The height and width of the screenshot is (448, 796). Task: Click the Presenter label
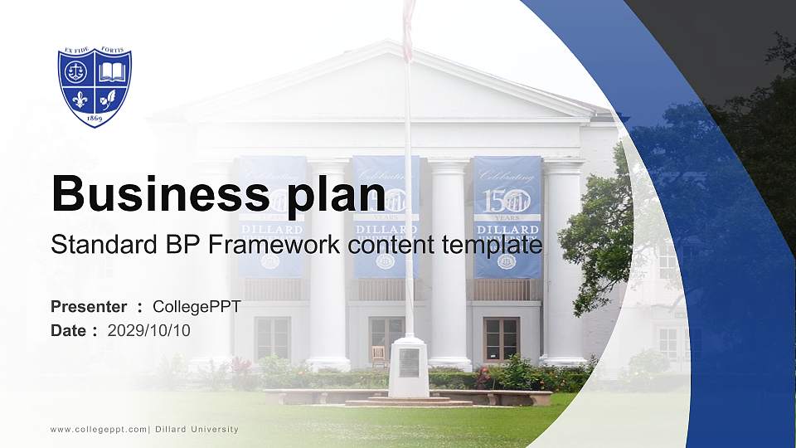89,307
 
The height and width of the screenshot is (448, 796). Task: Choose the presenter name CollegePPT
197,307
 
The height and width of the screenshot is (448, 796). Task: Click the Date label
69,330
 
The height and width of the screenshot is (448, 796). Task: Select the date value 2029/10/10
149,330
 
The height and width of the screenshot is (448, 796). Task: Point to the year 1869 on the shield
95,118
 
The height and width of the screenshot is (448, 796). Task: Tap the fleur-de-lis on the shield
80,100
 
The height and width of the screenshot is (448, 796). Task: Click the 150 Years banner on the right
507,216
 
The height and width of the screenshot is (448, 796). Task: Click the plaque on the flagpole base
408,362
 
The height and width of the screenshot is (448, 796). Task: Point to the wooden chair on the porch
379,356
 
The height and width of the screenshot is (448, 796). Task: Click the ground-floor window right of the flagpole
501,338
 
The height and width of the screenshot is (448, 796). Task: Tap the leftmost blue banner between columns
271,216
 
